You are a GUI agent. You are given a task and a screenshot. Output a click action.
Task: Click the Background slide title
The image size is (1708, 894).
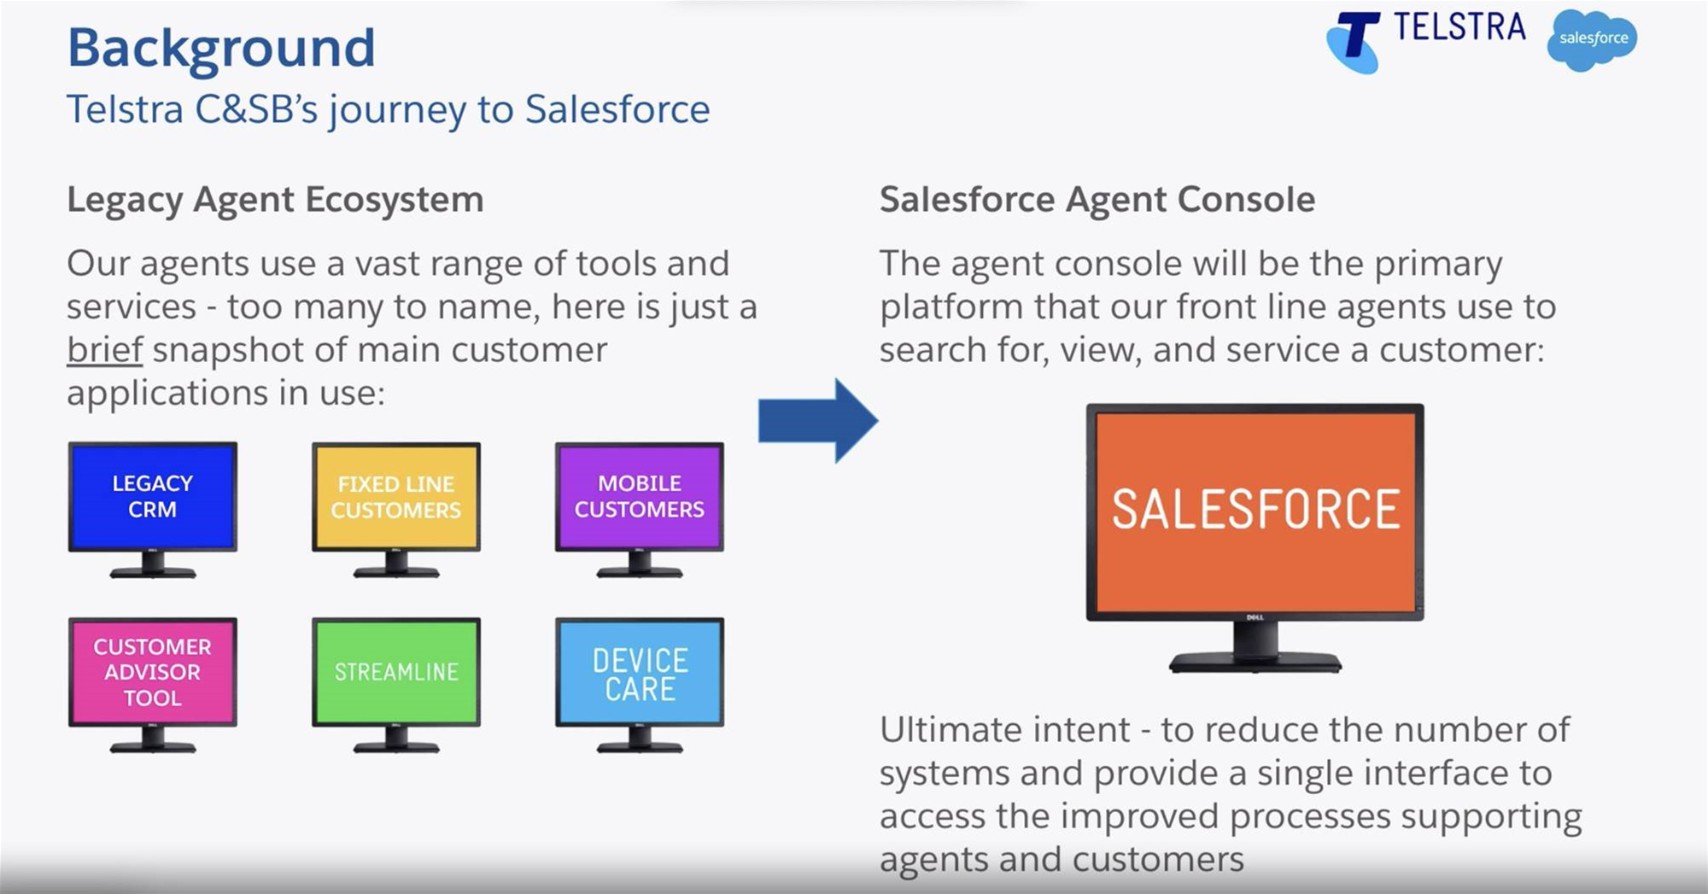click(x=221, y=48)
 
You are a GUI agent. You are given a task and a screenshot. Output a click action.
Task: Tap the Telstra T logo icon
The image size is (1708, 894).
click(x=1354, y=43)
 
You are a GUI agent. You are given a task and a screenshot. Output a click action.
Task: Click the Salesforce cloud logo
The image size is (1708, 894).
click(x=1592, y=39)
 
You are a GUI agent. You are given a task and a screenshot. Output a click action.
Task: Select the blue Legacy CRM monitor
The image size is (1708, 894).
click(x=153, y=510)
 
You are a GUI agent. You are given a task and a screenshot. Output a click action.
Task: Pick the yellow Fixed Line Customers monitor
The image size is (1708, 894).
click(x=396, y=510)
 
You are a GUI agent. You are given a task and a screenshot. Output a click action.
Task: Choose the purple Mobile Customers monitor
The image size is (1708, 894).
click(x=640, y=510)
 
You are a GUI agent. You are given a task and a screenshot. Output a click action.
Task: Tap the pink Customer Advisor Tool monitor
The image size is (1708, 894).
click(x=153, y=685)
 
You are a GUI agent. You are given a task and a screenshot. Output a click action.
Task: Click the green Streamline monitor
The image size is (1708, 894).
click(x=396, y=685)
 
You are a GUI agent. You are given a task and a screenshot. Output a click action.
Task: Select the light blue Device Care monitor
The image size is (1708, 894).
click(x=640, y=685)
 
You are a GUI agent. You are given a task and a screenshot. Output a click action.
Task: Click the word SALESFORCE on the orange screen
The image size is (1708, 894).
click(x=1255, y=510)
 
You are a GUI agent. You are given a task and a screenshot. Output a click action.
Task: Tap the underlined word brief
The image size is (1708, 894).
click(x=105, y=350)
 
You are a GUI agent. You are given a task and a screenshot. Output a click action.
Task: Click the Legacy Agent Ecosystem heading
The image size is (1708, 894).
click(x=275, y=201)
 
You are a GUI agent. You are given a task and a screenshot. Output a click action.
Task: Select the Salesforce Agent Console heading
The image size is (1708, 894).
click(x=1097, y=201)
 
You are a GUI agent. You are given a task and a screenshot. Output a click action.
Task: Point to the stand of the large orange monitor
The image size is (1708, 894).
click(x=1255, y=648)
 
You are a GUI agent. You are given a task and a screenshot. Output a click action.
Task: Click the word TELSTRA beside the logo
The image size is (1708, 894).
click(x=1459, y=27)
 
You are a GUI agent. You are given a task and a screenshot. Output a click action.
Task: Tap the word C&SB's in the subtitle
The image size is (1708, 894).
click(x=257, y=109)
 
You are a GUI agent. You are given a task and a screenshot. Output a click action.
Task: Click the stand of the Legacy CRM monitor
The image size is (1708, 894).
click(x=153, y=565)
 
